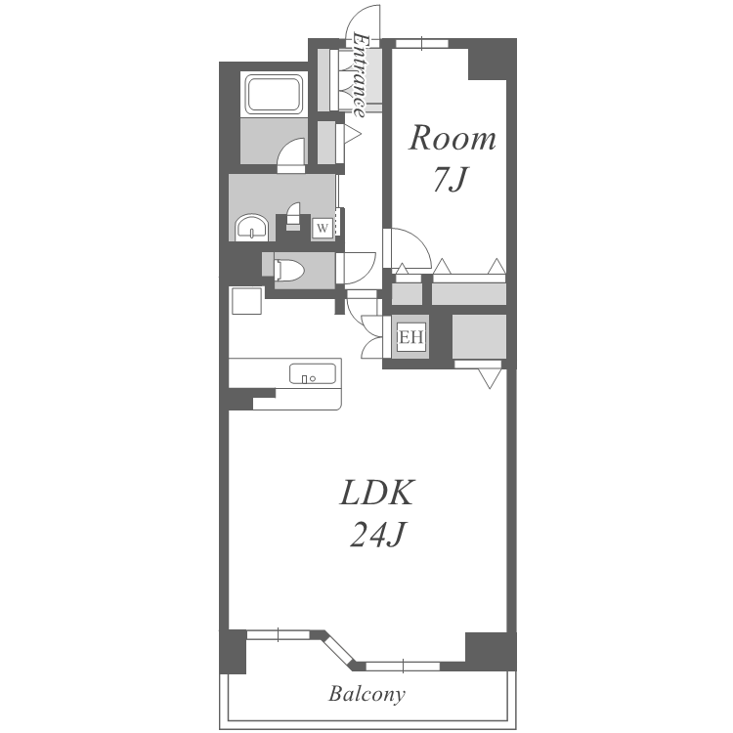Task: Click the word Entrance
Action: click(359, 75)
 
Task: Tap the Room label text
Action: click(453, 139)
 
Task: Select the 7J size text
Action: click(450, 179)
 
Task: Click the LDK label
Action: click(377, 493)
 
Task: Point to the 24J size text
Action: click(377, 534)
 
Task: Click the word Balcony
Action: click(366, 694)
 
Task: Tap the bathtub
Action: click(274, 95)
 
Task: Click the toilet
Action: click(289, 270)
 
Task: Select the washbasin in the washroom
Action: click(252, 227)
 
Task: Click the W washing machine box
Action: click(323, 229)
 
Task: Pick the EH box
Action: click(411, 336)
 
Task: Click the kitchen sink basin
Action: click(313, 374)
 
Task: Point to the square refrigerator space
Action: click(247, 301)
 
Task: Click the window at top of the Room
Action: click(422, 43)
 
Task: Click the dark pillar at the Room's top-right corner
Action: click(493, 59)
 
